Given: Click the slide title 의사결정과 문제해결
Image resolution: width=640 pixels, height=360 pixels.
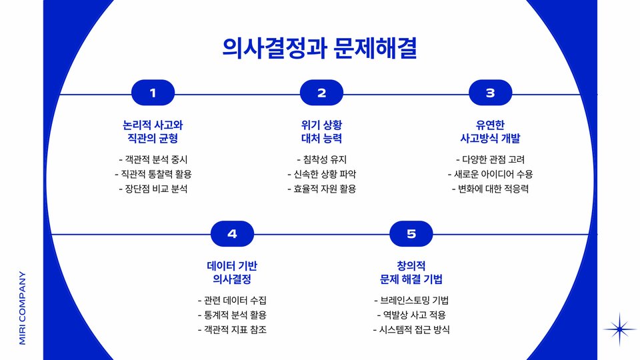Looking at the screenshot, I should coord(320,48).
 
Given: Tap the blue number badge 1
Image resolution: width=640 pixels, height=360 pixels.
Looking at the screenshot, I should coord(153,93).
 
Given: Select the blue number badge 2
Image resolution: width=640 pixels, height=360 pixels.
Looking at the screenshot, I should coord(321,93).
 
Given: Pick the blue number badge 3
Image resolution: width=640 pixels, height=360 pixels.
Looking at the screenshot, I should coord(490,93).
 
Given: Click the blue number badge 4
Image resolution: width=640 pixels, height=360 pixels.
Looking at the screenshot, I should coord(232,234).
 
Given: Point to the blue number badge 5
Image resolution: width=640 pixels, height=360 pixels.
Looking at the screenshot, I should coord(411,234).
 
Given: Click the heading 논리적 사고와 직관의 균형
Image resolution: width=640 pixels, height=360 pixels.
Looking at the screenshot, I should coord(153,132).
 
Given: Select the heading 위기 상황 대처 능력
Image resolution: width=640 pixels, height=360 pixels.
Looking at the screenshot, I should coord(321,132).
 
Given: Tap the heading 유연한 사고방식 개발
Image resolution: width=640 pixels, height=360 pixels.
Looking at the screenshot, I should coord(490,132).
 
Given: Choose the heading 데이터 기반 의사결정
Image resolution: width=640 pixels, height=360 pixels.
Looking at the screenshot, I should coord(232,272).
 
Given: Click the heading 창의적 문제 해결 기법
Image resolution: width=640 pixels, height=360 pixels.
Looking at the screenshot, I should coord(411,272).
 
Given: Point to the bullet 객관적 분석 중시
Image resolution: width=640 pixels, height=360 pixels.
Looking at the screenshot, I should coord(153,160).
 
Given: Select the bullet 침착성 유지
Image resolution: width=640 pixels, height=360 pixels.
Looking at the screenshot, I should coord(321,160).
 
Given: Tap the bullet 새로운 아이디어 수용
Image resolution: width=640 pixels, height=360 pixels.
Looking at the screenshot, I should coord(490,175).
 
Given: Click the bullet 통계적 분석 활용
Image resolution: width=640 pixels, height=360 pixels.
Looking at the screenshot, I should coord(232,315).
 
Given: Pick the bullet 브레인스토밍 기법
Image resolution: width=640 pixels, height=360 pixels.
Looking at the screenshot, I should coord(411,300).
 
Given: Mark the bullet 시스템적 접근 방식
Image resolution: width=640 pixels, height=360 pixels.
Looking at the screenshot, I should coord(411,329).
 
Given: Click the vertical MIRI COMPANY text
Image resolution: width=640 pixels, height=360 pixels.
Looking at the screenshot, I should coord(23,307).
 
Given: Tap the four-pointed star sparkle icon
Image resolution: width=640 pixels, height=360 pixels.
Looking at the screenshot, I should coord(620,329).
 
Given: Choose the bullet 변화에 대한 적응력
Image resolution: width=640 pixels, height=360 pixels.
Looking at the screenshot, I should coord(490,189).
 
